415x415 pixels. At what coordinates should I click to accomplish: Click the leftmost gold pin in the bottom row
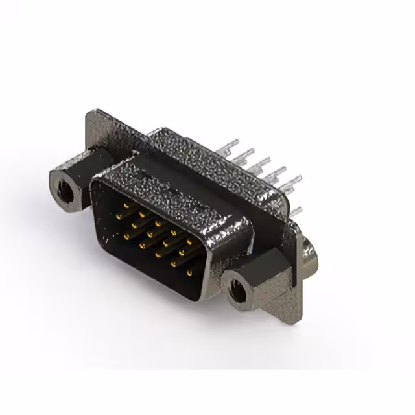128,236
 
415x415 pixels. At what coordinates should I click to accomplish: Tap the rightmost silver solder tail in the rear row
296,181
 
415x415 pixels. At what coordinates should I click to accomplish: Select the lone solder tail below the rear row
297,211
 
